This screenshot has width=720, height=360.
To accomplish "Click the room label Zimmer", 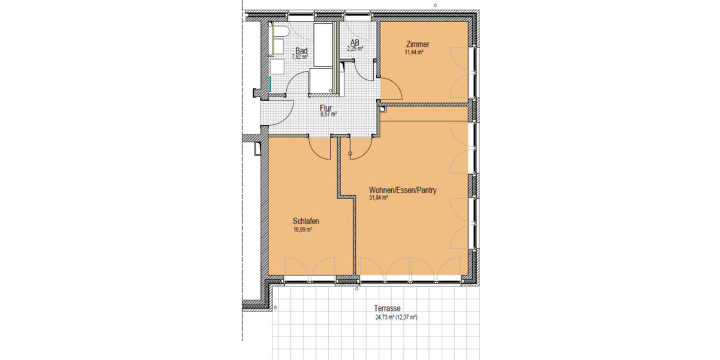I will (x=418, y=44).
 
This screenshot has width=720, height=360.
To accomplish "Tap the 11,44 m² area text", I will (x=415, y=53).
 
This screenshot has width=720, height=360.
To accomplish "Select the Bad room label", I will (x=301, y=51).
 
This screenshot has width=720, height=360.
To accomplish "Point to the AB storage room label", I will (x=355, y=43).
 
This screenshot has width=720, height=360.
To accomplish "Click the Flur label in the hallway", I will (x=326, y=108).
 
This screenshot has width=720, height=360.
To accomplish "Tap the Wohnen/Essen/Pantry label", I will (x=402, y=190).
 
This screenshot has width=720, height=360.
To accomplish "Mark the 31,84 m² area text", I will (x=379, y=197).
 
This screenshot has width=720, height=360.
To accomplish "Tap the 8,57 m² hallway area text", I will (x=328, y=114).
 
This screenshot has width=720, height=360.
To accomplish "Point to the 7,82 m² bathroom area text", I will (x=299, y=57).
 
